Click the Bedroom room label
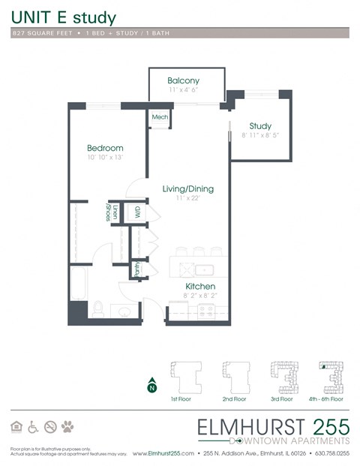click(104, 148)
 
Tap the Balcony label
click(183, 80)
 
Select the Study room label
click(260, 126)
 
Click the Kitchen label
click(200, 287)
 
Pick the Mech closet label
click(160, 117)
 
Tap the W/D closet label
click(137, 213)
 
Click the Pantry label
click(136, 269)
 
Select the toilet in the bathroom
click(97, 308)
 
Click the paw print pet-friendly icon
click(68, 427)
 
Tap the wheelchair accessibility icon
click(33, 427)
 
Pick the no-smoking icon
click(50, 427)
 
